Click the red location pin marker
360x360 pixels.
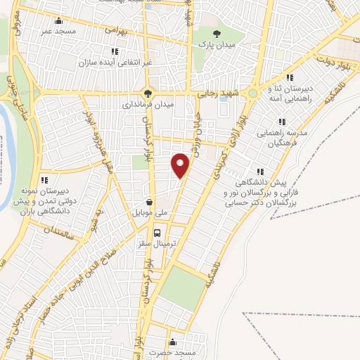180,165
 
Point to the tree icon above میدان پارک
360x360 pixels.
217,34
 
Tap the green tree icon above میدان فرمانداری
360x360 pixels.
148,91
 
